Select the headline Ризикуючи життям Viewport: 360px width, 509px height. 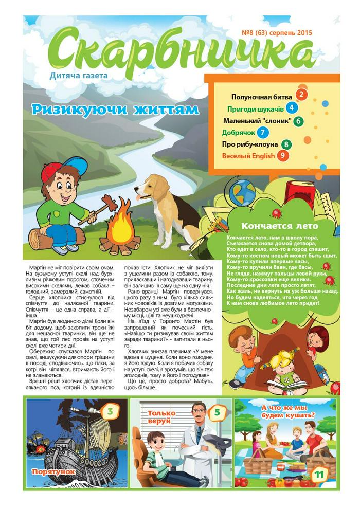pos(114,110)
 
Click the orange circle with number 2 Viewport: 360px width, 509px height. pos(301,95)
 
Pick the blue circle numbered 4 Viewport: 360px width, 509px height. pos(292,108)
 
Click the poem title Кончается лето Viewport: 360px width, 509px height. pos(279,226)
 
